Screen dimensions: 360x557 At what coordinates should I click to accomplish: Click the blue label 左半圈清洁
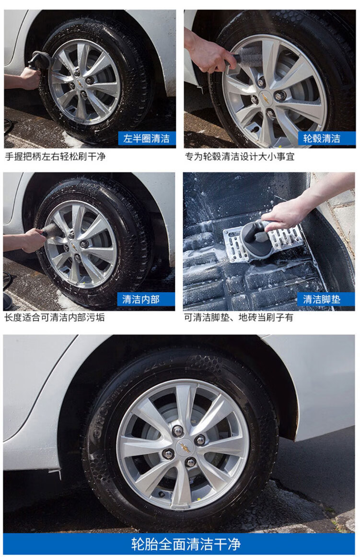pyautogui.click(x=147, y=138)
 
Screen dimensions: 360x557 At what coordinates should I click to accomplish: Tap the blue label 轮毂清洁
pyautogui.click(x=322, y=138)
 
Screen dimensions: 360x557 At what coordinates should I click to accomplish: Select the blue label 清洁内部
pyautogui.click(x=146, y=299)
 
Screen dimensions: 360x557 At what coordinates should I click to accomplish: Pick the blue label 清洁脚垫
pyautogui.click(x=322, y=299)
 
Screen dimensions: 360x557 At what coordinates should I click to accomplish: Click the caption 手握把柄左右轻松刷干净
pyautogui.click(x=56, y=156)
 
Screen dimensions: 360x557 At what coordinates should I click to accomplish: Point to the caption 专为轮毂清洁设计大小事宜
pyautogui.click(x=240, y=156)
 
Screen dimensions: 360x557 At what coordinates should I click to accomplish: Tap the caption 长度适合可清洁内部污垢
pyautogui.click(x=55, y=317)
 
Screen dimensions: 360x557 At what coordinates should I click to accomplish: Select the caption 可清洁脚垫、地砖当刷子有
pyautogui.click(x=239, y=317)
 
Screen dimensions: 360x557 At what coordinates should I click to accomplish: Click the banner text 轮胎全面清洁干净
pyautogui.click(x=186, y=544)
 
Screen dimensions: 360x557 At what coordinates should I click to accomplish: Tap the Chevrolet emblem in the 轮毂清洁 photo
pyautogui.click(x=265, y=97)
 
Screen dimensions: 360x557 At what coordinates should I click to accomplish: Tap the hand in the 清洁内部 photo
pyautogui.click(x=34, y=240)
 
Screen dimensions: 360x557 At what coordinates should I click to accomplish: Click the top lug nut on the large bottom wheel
pyautogui.click(x=177, y=430)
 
